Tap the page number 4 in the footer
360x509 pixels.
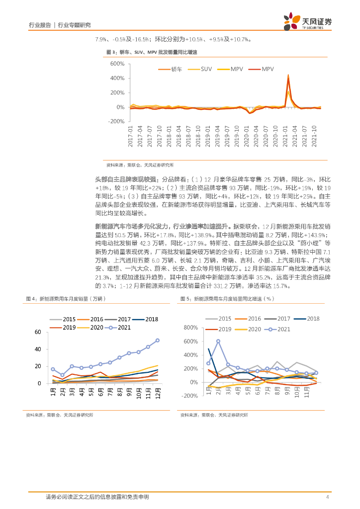tap(327, 497)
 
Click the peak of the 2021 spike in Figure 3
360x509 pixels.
tap(288, 75)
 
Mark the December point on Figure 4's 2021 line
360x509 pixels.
tap(158, 340)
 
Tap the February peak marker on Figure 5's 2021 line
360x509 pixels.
tap(218, 341)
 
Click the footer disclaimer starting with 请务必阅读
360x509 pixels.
tap(97, 497)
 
